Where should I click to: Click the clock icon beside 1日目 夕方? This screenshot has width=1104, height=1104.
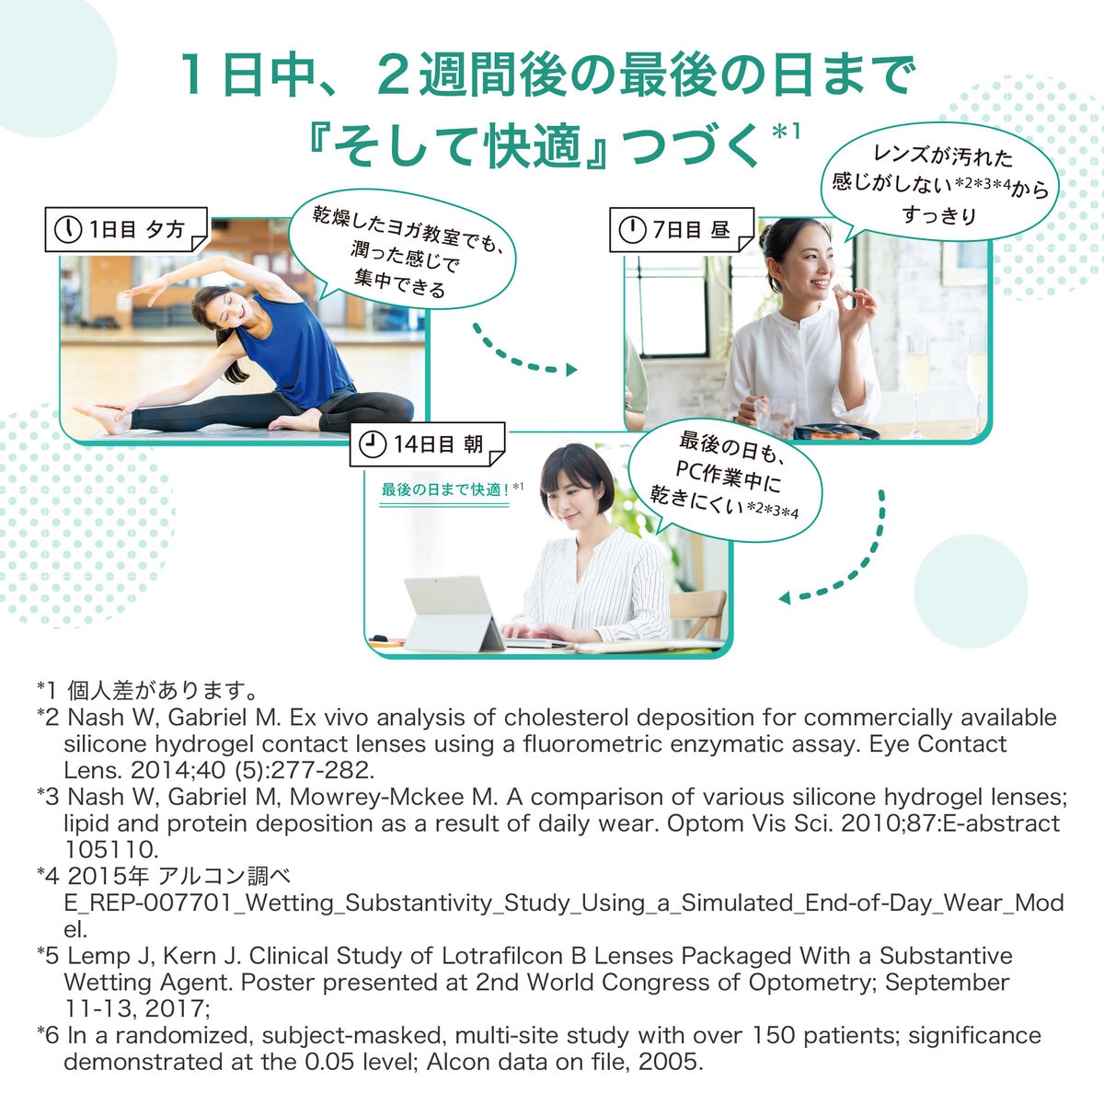point(68,230)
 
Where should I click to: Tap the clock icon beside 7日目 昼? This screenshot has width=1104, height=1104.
point(632,230)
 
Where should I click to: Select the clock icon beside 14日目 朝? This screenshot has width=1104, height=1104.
point(373,444)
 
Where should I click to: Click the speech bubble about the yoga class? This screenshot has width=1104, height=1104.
point(402,250)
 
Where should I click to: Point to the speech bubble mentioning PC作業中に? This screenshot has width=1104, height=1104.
point(725,480)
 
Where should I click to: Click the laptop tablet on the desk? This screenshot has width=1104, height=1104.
point(453,614)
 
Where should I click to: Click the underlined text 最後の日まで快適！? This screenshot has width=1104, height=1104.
point(445,489)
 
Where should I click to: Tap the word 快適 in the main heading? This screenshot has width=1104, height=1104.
point(532,146)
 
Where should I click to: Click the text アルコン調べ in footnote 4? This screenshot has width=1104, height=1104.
point(224,876)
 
